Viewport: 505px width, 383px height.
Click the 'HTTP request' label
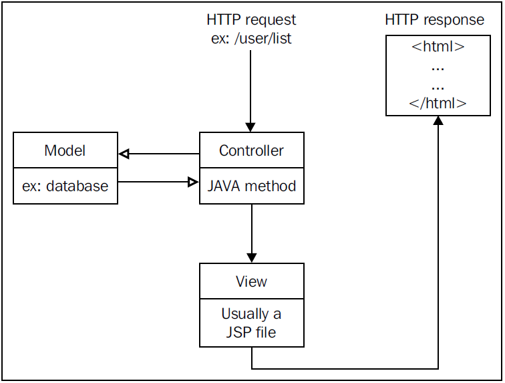[251, 20]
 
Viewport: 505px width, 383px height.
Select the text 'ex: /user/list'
[251, 39]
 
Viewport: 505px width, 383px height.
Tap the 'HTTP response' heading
[434, 20]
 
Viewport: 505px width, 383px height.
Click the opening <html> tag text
[438, 48]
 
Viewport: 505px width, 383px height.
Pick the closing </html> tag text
[438, 104]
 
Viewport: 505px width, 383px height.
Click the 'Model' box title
[65, 150]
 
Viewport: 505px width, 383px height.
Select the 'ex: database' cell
[65, 186]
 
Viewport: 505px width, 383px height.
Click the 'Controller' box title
[251, 150]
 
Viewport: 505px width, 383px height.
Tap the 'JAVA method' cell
[251, 186]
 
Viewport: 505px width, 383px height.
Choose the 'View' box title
[251, 281]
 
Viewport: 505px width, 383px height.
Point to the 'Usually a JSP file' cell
[251, 322]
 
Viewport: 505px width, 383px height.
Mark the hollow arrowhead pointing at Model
[124, 154]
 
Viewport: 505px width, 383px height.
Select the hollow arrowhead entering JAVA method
[194, 181]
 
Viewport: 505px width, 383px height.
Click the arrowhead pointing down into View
[251, 257]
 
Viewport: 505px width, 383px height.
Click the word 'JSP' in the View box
[237, 331]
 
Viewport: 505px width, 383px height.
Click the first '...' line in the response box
[438, 67]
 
